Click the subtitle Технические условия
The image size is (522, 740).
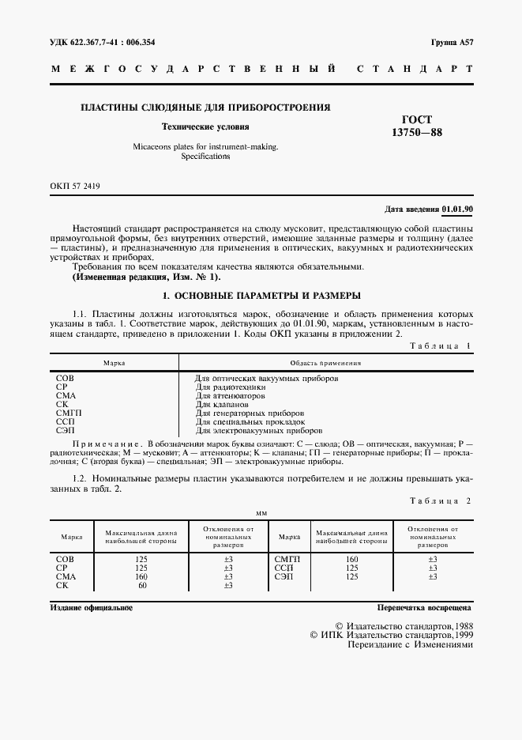205,126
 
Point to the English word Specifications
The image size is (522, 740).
205,157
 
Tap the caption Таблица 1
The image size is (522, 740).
441,346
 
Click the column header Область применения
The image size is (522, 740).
325,363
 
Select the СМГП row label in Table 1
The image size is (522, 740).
69,413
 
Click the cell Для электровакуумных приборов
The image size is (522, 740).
258,431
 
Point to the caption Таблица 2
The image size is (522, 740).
441,501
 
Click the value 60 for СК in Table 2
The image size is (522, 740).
143,585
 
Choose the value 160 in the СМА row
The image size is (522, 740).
143,576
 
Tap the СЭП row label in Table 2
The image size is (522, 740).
284,576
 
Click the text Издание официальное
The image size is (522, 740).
91,608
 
